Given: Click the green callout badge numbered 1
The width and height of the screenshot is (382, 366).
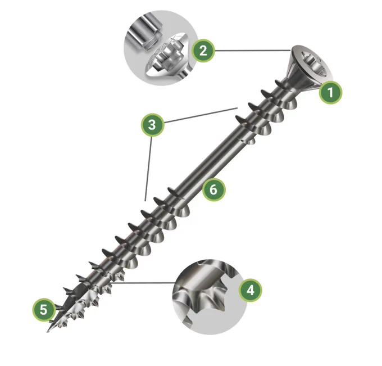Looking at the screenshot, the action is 330,93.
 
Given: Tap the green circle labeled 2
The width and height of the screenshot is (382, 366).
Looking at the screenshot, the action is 203,51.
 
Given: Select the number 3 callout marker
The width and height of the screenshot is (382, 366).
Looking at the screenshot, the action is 152,125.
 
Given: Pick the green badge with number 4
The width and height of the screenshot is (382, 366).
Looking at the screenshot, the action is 250,291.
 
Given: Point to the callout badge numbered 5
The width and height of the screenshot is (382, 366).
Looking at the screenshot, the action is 44,310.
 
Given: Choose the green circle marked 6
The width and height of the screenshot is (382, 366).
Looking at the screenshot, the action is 213,189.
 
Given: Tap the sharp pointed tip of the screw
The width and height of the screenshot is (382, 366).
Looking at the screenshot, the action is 48,331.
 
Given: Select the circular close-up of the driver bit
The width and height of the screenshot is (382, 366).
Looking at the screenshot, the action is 161,48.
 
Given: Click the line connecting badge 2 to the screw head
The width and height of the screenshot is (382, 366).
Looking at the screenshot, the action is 253,51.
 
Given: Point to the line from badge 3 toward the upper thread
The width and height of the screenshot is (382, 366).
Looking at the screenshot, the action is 201,115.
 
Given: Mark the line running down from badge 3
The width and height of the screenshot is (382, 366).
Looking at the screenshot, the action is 149,169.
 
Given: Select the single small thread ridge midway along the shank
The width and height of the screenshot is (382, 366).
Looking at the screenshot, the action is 247,141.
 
